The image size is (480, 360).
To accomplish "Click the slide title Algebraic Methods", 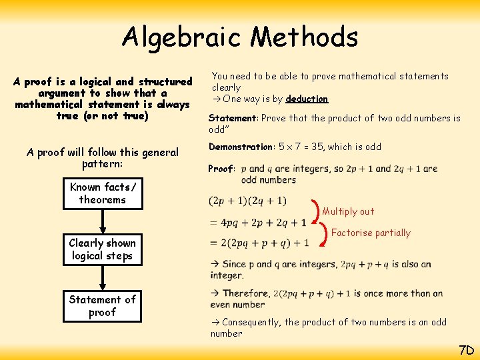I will tap(240, 37).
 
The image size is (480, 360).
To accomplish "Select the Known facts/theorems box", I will tap(102, 193).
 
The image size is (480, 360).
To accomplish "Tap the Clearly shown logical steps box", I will tap(102, 249).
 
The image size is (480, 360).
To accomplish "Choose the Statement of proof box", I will tap(102, 305).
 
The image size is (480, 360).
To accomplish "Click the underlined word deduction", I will tap(307, 99).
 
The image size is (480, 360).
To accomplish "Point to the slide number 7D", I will tap(465, 350).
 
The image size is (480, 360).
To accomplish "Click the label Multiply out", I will tap(348, 211).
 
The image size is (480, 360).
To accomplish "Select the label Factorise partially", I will tap(371, 233).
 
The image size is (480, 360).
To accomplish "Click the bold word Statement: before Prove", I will tap(233, 118).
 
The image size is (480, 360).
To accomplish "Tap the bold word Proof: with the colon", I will tap(221, 169).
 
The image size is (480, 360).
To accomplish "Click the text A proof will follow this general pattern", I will tap(103, 158).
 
